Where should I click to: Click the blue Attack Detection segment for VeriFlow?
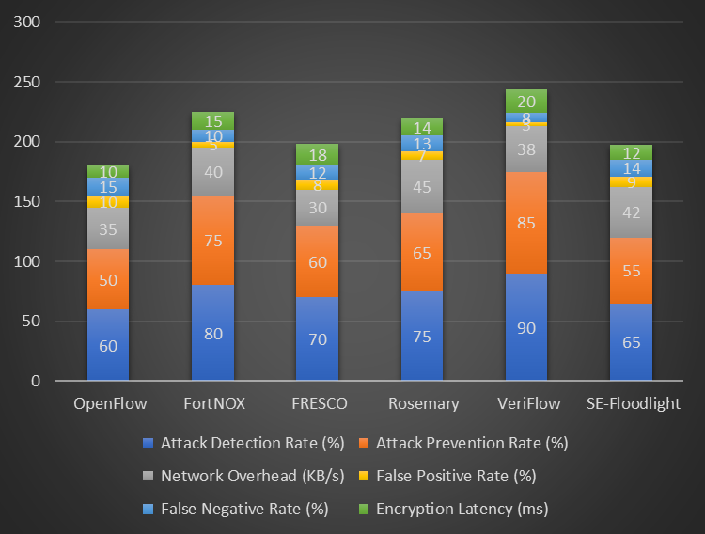526,327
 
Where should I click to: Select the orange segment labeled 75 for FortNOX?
212,240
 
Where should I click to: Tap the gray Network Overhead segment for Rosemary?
422,186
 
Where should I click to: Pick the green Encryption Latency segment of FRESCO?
317,155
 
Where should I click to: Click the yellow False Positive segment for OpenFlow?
108,202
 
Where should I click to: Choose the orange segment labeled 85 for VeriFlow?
526,223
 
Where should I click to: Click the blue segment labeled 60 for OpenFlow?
108,345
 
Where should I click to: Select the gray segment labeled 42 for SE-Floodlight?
631,212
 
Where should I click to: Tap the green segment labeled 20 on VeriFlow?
526,102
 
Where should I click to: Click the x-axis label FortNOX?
212,404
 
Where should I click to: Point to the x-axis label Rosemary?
422,404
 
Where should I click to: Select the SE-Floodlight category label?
631,404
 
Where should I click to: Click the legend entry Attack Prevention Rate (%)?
471,443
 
